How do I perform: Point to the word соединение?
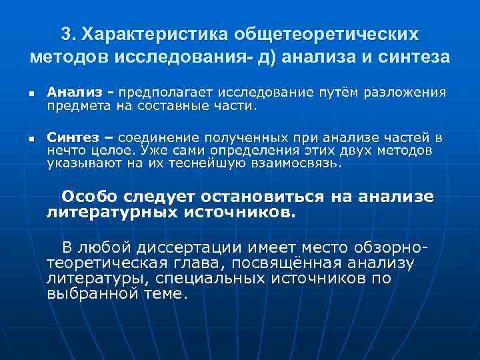pos(156,138)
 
